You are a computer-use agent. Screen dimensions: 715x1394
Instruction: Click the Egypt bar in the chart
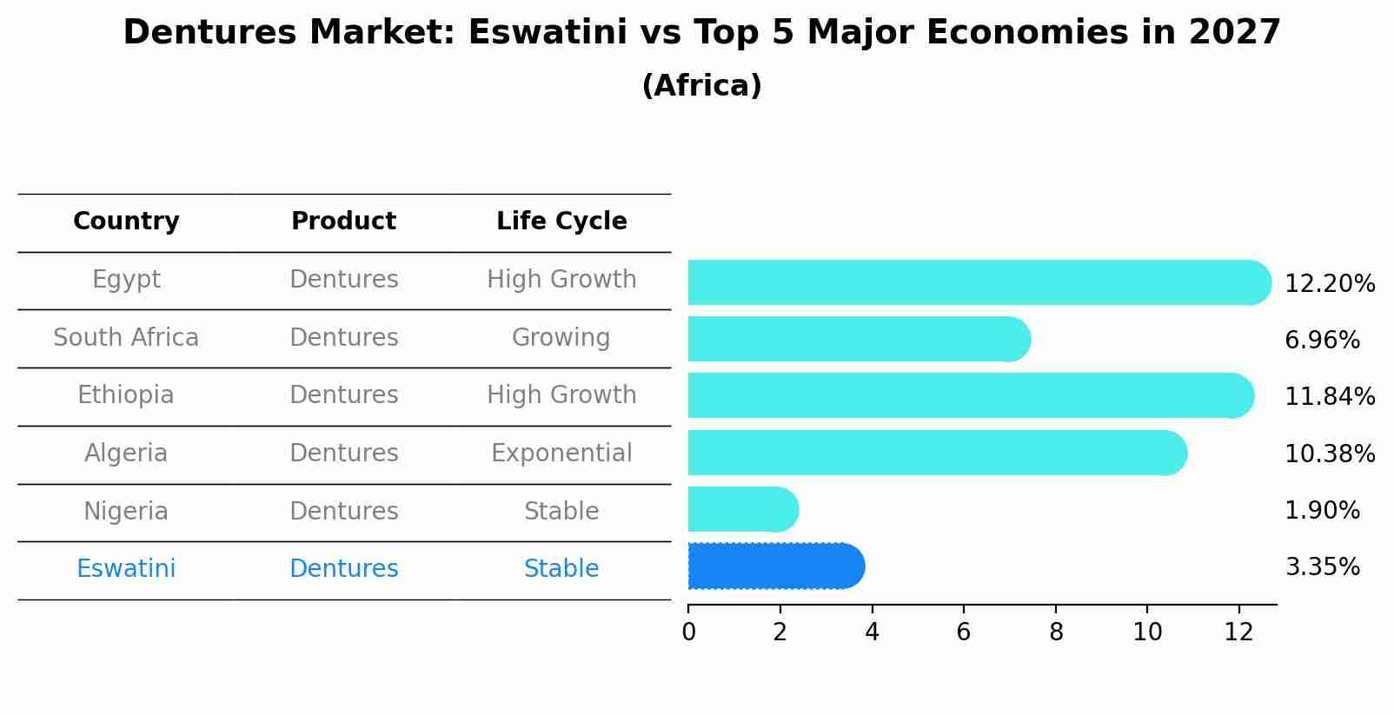[x=978, y=282]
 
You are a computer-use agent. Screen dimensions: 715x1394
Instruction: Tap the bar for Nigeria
[x=741, y=509]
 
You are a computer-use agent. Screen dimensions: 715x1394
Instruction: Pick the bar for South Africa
[x=858, y=339]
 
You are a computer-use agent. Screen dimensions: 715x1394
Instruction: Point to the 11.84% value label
[x=1329, y=397]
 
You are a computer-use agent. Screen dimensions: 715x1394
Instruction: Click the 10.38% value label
[x=1329, y=454]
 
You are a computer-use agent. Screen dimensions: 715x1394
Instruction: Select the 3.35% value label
[x=1322, y=567]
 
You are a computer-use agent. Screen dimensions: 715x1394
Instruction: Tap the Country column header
[x=126, y=222]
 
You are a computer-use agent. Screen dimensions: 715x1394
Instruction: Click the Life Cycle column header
[x=561, y=222]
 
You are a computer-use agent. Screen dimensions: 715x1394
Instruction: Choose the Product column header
[x=343, y=222]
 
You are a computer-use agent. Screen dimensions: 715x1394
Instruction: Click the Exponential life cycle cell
[x=561, y=453]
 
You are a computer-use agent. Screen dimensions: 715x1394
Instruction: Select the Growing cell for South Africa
[x=561, y=338]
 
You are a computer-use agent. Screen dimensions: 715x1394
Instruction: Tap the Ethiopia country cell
[x=126, y=395]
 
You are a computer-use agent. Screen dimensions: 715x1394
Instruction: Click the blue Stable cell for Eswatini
[x=561, y=569]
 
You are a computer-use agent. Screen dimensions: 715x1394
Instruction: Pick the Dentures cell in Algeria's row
[x=343, y=453]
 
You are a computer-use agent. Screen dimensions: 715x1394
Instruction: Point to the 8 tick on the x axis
[x=1056, y=632]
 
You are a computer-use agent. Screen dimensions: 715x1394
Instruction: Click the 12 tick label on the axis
[x=1238, y=632]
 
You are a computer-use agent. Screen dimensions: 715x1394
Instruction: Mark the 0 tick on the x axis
[x=688, y=632]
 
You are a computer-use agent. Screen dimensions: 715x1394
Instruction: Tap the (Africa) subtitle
[x=701, y=86]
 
